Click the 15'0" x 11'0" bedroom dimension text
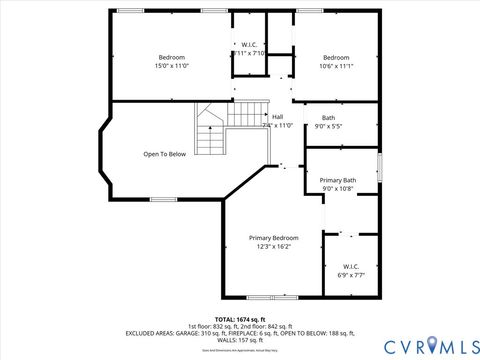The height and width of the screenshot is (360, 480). click(171, 67)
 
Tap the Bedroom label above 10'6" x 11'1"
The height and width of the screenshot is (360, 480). click(336, 57)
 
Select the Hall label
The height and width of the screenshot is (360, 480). click(277, 117)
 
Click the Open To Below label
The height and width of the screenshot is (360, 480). click(164, 154)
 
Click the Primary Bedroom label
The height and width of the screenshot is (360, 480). click(273, 237)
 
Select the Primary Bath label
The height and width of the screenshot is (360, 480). click(337, 180)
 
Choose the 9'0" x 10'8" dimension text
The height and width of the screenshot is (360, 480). click(337, 189)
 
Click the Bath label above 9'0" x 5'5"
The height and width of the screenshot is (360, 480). click(328, 118)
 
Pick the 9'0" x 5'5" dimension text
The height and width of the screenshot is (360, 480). click(328, 127)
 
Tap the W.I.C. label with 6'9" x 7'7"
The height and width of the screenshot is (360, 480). click(351, 265)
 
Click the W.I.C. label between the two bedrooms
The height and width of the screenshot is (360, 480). click(250, 45)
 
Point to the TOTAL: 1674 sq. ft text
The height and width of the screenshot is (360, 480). click(239, 319)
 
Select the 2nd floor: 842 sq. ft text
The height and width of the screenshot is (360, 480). click(269, 326)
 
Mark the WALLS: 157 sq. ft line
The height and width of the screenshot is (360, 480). click(239, 340)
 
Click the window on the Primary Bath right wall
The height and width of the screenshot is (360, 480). click(380, 165)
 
